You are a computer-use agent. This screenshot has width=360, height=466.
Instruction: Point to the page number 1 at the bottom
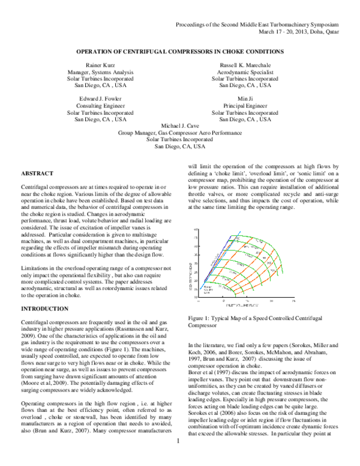click(x=179, y=459)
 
